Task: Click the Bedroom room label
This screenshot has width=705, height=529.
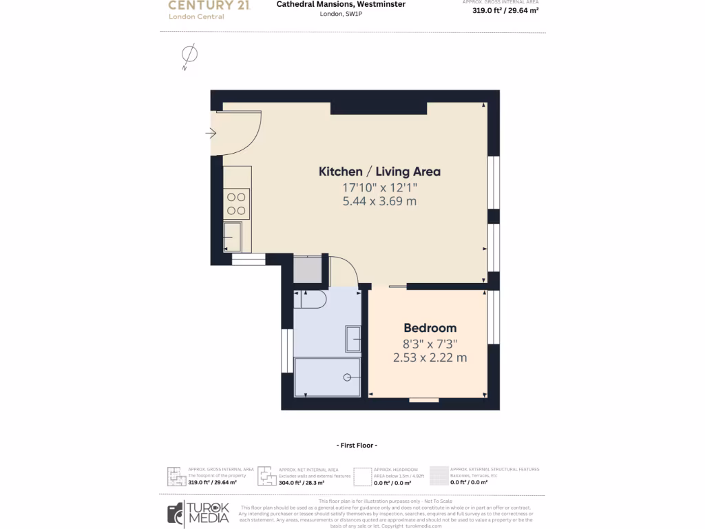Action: pyautogui.click(x=430, y=328)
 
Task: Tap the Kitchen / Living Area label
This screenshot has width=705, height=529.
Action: pyautogui.click(x=379, y=172)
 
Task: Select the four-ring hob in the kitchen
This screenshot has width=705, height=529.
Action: pyautogui.click(x=237, y=203)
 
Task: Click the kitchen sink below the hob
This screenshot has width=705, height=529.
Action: pyautogui.click(x=233, y=236)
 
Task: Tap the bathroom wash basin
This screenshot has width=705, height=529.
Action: pyautogui.click(x=352, y=339)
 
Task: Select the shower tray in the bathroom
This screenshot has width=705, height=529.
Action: pyautogui.click(x=327, y=377)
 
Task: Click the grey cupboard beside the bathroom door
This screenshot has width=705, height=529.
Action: pyautogui.click(x=307, y=269)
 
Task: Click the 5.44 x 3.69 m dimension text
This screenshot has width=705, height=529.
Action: pyautogui.click(x=379, y=202)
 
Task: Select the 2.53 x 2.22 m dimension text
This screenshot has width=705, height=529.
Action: pyautogui.click(x=430, y=357)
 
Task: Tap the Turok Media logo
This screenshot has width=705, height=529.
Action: pyautogui.click(x=198, y=512)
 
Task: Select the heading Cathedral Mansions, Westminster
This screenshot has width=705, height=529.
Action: pyautogui.click(x=341, y=4)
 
